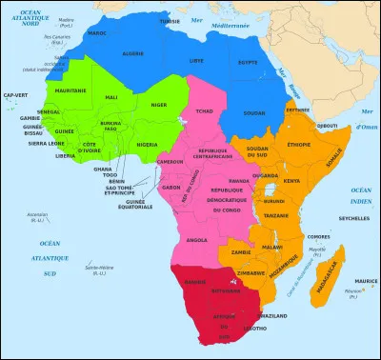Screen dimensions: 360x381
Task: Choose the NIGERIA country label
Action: click(146, 145)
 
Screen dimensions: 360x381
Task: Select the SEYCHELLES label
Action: click(353, 217)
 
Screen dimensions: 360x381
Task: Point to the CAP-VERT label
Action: click(15, 95)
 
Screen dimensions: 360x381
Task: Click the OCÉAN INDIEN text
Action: click(359, 197)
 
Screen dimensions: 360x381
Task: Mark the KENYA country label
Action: click(291, 180)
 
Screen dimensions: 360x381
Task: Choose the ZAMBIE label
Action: click(241, 252)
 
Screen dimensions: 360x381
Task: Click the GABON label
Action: click(172, 188)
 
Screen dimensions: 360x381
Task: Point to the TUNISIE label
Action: click(170, 20)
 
